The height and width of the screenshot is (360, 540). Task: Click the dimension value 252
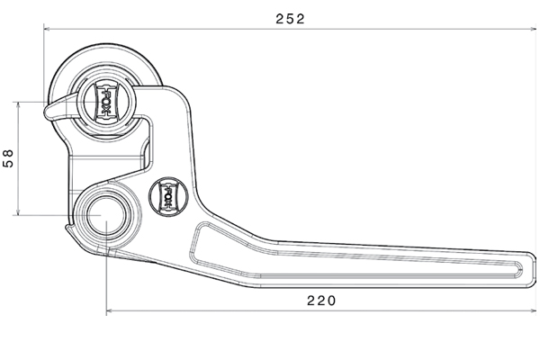pos(290,18)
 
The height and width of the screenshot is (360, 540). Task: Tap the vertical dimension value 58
pos(8,159)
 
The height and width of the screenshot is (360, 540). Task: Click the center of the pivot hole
pos(106,216)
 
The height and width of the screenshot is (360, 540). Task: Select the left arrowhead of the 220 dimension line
pos(110,312)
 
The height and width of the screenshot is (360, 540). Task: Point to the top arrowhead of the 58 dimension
pos(16,104)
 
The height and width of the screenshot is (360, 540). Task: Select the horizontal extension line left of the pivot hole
pos(45,216)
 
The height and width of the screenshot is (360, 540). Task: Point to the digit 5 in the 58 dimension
pos(8,165)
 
